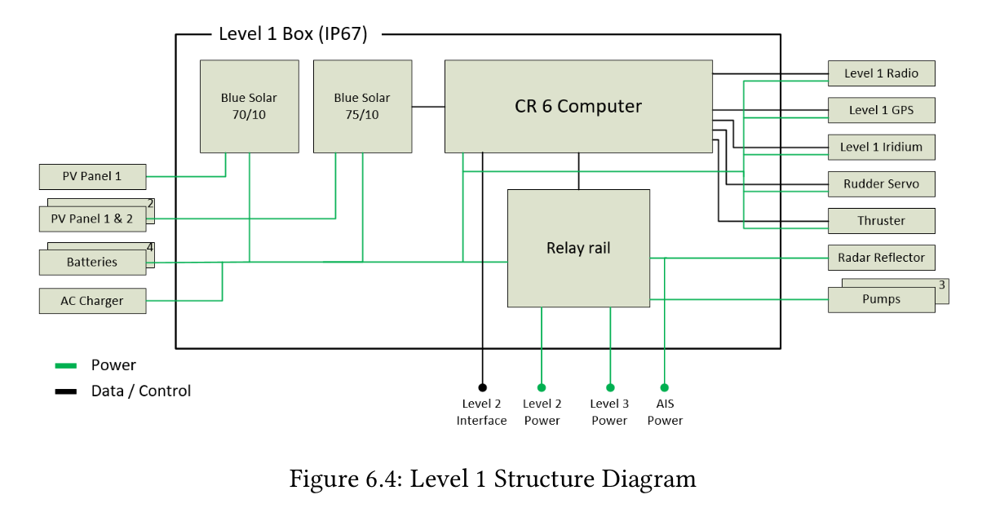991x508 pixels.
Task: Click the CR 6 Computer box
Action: point(578,106)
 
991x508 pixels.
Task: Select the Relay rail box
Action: point(578,248)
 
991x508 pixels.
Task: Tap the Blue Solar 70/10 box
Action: point(249,106)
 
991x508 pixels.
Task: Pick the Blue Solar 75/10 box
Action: point(362,106)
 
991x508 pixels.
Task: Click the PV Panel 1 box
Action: point(92,176)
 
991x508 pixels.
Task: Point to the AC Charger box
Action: point(92,301)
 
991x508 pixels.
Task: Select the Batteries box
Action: point(92,263)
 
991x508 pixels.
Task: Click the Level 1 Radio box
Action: point(881,73)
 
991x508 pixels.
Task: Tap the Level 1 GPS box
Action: point(881,110)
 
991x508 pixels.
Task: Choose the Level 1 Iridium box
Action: point(881,147)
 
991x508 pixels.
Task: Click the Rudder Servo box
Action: point(881,184)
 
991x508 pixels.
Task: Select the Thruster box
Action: point(881,221)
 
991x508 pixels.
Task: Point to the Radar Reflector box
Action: point(881,258)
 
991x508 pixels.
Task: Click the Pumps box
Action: point(881,299)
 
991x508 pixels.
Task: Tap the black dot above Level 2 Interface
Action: point(482,387)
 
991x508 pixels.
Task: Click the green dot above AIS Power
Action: point(665,387)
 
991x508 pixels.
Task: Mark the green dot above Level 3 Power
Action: point(610,387)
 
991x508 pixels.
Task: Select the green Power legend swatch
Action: point(65,365)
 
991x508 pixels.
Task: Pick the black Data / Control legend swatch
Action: point(65,391)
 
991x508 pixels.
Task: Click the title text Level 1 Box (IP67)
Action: point(293,34)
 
